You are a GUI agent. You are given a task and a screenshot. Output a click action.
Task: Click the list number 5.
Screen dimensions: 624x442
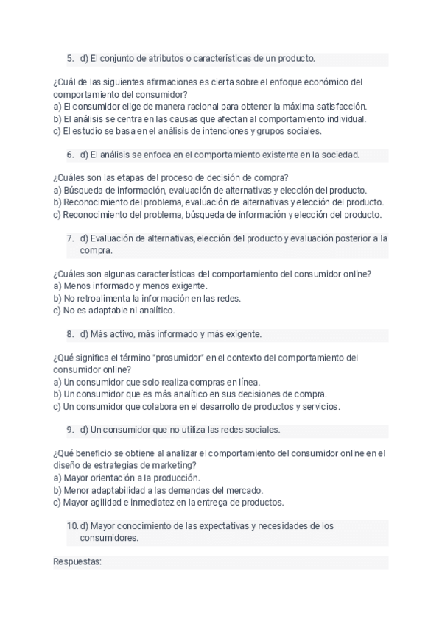(70, 58)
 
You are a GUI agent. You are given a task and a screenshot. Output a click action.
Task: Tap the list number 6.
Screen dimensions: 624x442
(70, 155)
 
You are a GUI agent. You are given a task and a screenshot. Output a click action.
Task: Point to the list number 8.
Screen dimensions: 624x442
(70, 334)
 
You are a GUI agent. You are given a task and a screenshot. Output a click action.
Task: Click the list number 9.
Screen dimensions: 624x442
(70, 430)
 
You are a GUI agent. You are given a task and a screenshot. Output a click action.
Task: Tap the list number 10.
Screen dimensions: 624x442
(72, 525)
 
